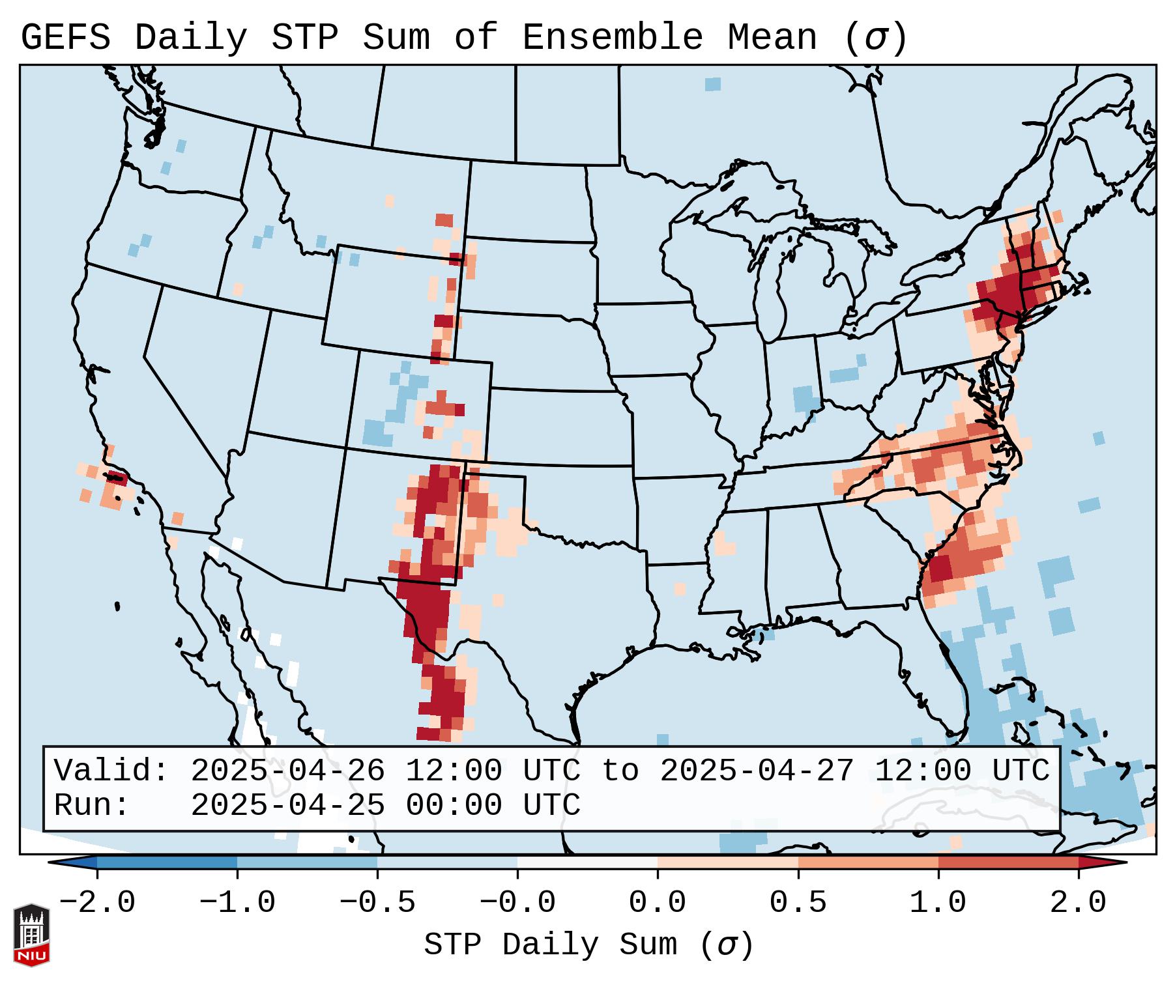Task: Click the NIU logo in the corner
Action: pos(31,935)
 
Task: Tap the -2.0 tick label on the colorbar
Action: pos(97,903)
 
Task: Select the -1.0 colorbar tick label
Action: pos(237,903)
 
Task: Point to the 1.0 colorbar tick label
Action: pos(938,903)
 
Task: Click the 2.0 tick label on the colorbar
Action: pos(1078,903)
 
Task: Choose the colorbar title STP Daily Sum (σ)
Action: pos(588,945)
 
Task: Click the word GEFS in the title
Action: pos(65,38)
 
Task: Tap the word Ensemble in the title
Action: pos(612,38)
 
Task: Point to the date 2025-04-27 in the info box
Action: pos(757,771)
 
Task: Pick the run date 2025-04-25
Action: pos(287,806)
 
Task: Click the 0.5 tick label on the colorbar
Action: pos(798,903)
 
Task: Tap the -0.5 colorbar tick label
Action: pos(377,903)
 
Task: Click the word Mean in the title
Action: pos(772,38)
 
